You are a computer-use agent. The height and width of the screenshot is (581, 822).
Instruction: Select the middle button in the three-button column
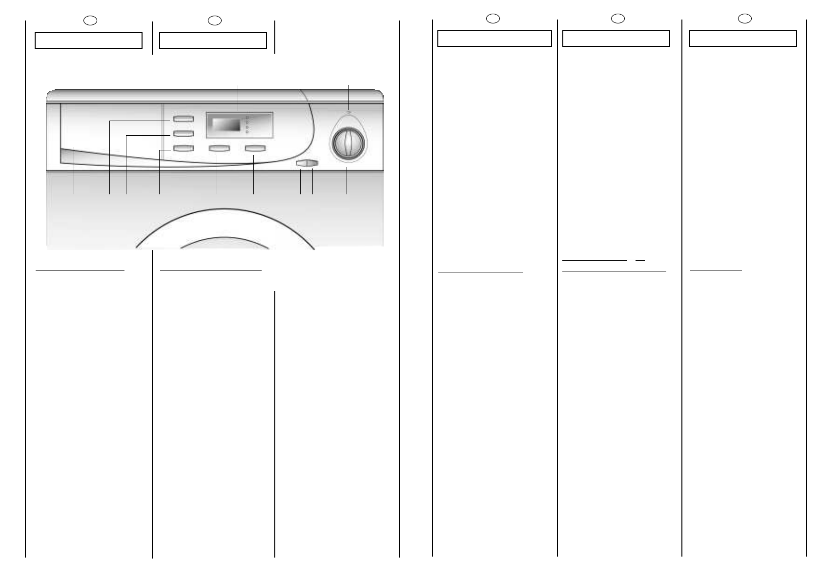click(x=183, y=133)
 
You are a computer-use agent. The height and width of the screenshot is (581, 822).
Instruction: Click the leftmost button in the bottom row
click(x=183, y=148)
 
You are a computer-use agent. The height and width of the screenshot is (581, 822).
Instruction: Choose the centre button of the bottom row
click(x=219, y=148)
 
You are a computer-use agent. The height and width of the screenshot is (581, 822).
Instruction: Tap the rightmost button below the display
click(x=255, y=148)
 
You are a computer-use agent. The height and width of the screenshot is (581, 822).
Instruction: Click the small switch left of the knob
click(x=307, y=164)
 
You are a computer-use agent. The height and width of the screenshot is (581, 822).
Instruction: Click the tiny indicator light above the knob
click(x=348, y=112)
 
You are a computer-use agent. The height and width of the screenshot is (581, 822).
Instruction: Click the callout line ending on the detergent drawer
click(x=74, y=171)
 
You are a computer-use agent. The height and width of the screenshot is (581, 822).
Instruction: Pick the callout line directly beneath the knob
click(x=347, y=181)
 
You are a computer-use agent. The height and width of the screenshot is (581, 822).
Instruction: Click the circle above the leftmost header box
click(x=90, y=21)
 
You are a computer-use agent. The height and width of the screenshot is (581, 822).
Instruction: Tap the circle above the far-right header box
click(x=744, y=19)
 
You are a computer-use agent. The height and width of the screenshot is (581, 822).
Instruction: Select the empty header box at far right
click(x=743, y=39)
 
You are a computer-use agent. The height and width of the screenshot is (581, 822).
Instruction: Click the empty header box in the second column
click(x=213, y=41)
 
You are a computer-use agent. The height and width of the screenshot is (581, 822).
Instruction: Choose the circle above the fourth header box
click(x=618, y=19)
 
